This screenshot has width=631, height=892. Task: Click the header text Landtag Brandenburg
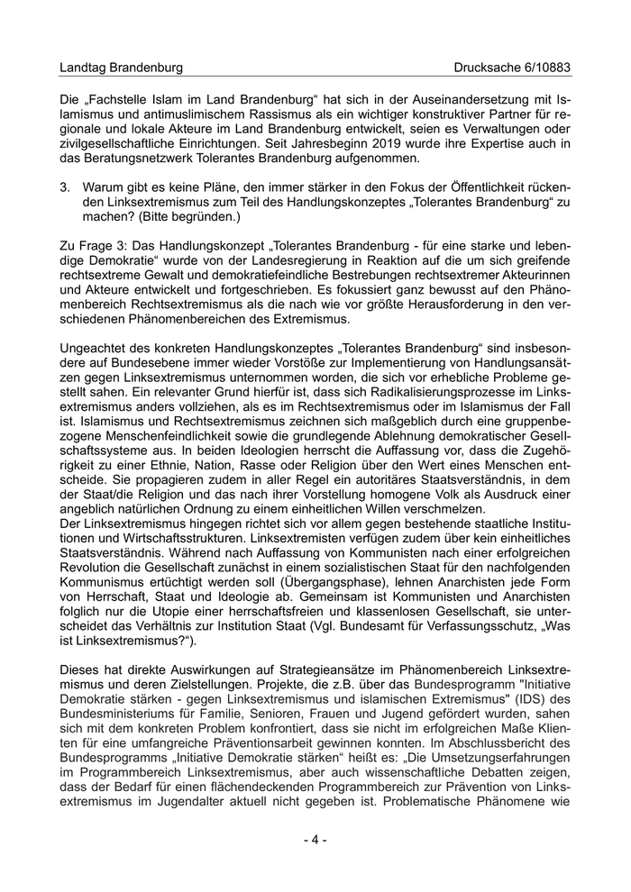(x=121, y=68)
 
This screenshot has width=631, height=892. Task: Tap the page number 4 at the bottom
(x=315, y=840)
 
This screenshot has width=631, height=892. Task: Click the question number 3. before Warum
(x=65, y=187)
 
